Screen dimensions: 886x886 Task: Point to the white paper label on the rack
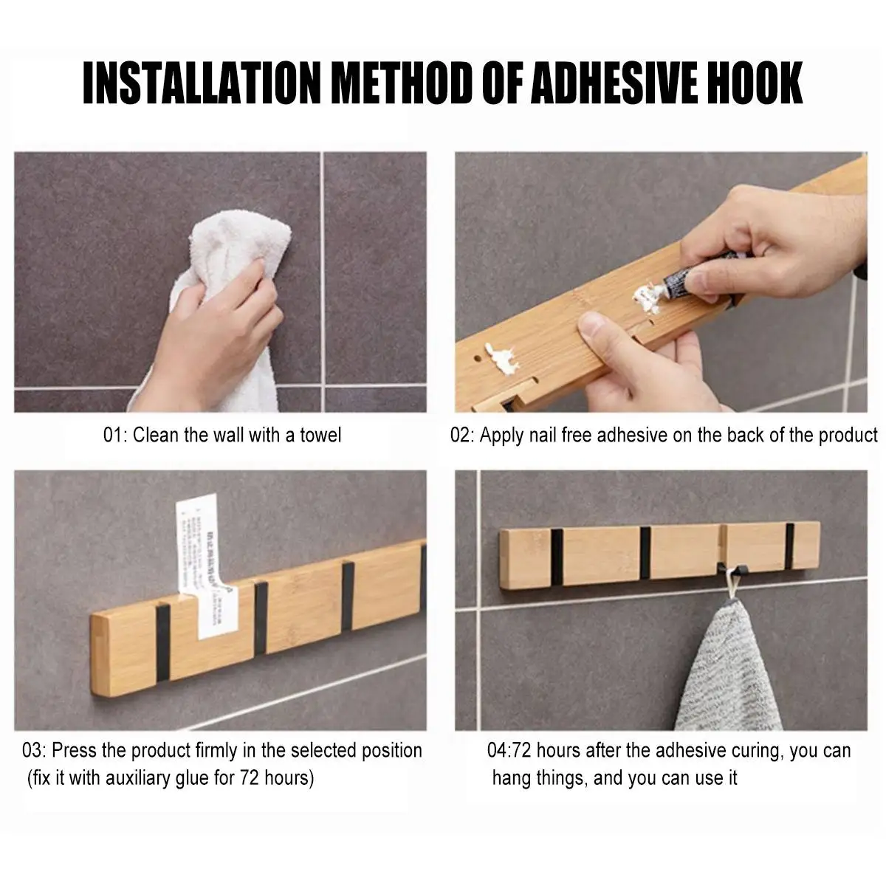pos(204,561)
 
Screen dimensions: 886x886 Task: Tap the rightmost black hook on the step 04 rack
pos(789,547)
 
